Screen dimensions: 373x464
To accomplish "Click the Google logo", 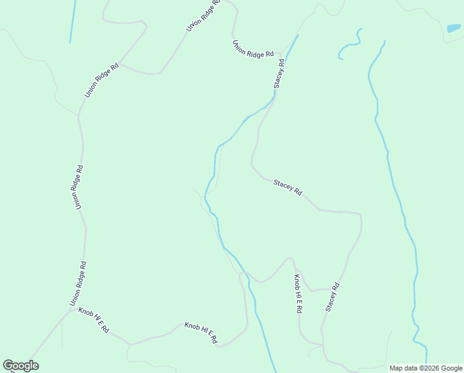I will tap(20, 366).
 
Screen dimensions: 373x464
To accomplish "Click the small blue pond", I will tap(453, 28).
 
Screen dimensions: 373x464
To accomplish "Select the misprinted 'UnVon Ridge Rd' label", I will tap(203, 16).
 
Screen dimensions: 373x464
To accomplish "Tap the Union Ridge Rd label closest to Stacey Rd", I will tap(252, 49).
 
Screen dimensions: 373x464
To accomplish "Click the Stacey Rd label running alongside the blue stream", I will tap(279, 73).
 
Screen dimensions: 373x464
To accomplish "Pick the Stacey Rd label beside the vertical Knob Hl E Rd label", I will tap(332, 297).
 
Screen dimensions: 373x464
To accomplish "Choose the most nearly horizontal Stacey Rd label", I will tap(288, 187).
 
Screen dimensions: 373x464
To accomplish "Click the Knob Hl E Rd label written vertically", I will tap(298, 293).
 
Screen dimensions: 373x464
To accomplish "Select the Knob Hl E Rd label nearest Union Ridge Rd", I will tap(94, 319).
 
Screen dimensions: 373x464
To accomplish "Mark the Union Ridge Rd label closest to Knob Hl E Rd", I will tap(78, 283).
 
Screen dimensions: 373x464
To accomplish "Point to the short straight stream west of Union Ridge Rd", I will tap(73, 22).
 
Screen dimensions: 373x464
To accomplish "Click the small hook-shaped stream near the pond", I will tap(350, 45).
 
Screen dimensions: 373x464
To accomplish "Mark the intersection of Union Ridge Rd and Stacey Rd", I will tap(283, 53).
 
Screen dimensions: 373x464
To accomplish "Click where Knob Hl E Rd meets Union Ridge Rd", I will tap(74, 308).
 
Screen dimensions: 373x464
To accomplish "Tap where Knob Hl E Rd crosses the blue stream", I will tap(246, 274).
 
